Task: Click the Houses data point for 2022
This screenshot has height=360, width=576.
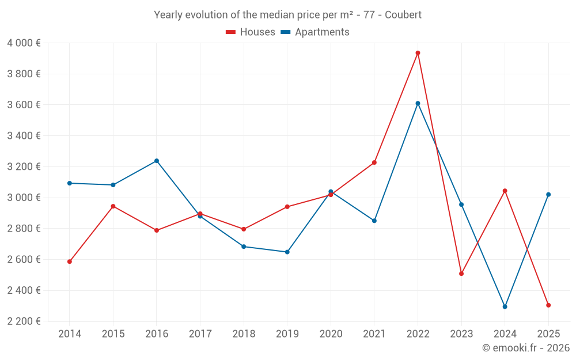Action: tap(418, 53)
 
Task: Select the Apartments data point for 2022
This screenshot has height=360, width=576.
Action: tap(418, 104)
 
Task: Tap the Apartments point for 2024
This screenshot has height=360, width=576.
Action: tap(505, 306)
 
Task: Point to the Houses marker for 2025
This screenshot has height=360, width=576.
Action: tap(548, 305)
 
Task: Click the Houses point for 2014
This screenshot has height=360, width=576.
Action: tap(70, 262)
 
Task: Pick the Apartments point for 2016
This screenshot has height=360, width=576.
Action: tap(157, 161)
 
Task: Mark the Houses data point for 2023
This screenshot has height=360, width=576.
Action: tap(461, 274)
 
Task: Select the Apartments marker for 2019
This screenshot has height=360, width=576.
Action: tap(287, 252)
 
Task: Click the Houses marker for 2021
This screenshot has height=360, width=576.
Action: tap(374, 162)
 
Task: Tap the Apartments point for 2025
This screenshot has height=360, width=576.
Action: tap(548, 195)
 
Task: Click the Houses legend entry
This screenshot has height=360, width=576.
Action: tap(251, 32)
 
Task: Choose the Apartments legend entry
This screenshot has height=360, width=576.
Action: tap(315, 32)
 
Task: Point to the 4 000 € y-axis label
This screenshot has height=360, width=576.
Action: tap(24, 43)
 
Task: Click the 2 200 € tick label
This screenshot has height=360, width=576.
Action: tap(24, 321)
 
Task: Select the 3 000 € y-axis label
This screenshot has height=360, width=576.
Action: tap(24, 198)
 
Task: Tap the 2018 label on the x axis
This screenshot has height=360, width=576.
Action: tap(244, 334)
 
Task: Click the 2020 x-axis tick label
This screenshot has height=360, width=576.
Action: tap(331, 334)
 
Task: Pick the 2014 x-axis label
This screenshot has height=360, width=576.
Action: tap(70, 334)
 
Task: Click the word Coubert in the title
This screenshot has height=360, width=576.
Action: tap(403, 15)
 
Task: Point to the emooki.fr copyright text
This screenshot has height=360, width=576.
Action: tap(526, 348)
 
